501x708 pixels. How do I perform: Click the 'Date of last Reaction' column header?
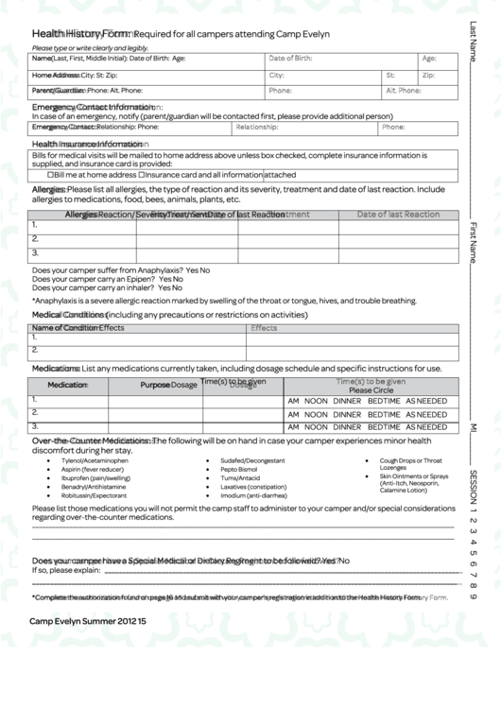coord(398,215)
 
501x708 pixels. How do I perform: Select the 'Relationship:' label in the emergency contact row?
coord(256,127)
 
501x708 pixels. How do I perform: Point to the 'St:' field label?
coord(390,75)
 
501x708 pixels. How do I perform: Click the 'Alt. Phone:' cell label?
coord(403,91)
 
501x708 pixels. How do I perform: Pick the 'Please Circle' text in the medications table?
coord(371,389)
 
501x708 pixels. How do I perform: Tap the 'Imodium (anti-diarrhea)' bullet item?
coord(253,495)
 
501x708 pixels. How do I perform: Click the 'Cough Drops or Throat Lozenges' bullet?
coord(410,464)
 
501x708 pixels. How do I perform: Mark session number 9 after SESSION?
coord(473,596)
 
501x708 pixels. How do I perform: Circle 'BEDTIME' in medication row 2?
coord(384,414)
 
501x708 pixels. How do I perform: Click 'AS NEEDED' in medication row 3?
coord(426,427)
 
